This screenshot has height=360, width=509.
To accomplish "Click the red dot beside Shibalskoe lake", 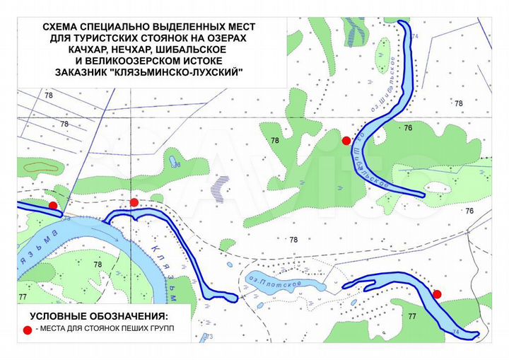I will pos(346,141).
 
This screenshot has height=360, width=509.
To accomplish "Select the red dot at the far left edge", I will pos(53,205).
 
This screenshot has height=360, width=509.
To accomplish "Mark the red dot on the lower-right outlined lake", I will pos(437,294).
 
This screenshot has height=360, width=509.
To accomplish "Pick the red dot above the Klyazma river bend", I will pos(134,202).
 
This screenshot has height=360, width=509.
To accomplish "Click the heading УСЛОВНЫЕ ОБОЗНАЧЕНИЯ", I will pos(98,315).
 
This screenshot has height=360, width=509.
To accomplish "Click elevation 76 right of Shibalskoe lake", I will pos(408,128).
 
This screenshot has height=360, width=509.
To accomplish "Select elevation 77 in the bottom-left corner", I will pos(23,296).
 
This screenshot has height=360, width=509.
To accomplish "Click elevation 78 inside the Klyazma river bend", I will pos(98,265).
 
